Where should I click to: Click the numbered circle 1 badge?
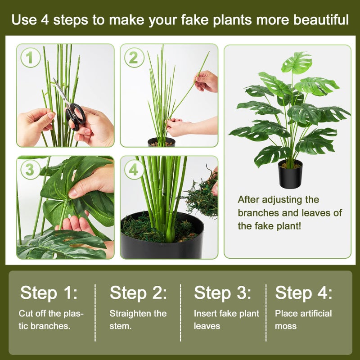30,58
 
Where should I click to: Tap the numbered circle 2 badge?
134,58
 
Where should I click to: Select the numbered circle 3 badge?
30,170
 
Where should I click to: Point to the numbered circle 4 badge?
134,170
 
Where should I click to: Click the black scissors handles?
75,117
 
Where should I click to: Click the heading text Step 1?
49,293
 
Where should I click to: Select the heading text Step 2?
138,293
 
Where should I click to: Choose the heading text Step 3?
222,293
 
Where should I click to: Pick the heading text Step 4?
303,293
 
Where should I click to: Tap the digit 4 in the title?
45,20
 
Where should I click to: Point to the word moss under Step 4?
286,326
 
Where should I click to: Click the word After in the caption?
248,199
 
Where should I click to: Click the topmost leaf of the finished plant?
296,63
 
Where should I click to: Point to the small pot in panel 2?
162,142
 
